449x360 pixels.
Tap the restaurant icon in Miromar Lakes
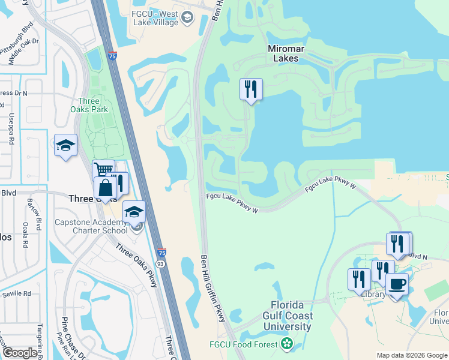(x=250, y=90)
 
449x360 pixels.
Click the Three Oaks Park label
(x=93, y=105)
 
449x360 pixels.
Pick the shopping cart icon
(x=103, y=171)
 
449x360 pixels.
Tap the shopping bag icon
(x=105, y=188)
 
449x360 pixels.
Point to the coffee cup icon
(x=397, y=283)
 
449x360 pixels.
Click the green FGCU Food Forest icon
(x=288, y=344)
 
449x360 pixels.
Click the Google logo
(x=20, y=353)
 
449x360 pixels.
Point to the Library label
(x=373, y=295)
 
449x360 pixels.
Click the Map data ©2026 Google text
(x=412, y=355)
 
